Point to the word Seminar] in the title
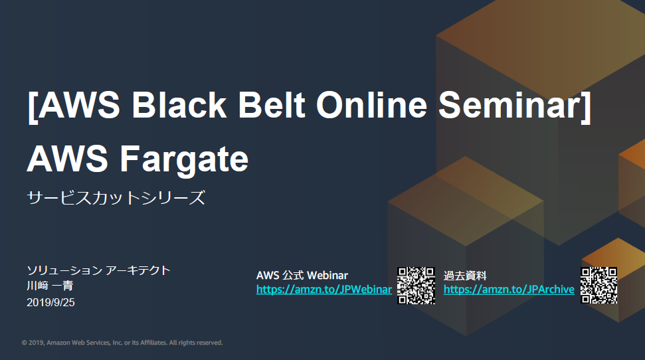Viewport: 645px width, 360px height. coord(515,106)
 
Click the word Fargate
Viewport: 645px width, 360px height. coord(184,159)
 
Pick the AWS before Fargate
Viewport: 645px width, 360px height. coord(68,158)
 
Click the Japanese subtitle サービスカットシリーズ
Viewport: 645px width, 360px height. coord(116,197)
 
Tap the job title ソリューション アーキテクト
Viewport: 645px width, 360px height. coord(99,270)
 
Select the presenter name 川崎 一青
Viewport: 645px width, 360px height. coord(50,286)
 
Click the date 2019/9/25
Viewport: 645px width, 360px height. coord(50,302)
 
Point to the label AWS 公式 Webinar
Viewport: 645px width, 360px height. coord(302,275)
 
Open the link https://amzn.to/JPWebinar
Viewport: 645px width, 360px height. coord(323,290)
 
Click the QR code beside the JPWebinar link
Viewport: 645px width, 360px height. coord(416,286)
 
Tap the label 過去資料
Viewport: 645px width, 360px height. coord(465,275)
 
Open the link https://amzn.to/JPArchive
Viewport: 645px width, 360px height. coord(509,290)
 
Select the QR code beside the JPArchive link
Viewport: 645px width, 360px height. coord(599,286)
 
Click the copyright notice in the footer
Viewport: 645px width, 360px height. coord(122,343)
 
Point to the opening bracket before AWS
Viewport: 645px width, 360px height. coord(33,107)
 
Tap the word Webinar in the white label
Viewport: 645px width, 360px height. coord(327,275)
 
